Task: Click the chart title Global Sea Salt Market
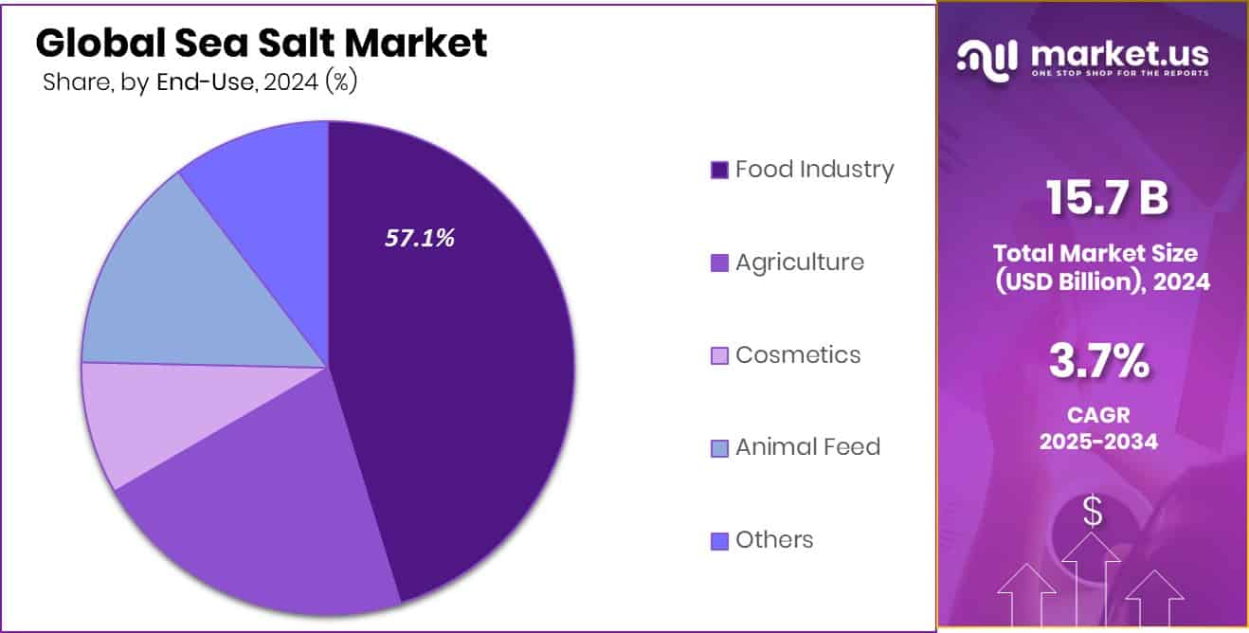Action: [x=262, y=43]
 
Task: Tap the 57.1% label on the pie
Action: [x=420, y=239]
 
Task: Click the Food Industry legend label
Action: [x=814, y=170]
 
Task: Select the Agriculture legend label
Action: [x=799, y=262]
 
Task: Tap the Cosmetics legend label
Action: [x=798, y=355]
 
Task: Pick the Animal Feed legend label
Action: [x=807, y=447]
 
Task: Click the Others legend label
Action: [x=774, y=540]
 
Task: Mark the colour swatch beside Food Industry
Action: [x=719, y=171]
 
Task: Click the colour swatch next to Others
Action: [x=719, y=541]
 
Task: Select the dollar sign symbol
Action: [x=1093, y=513]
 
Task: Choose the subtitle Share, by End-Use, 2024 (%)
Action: [x=199, y=82]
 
